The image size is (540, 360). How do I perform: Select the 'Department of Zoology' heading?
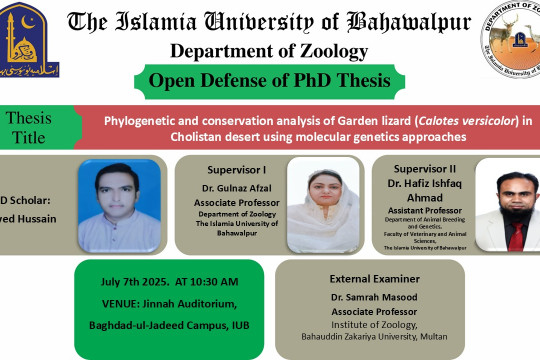[268, 51]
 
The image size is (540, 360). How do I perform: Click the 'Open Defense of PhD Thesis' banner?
[269, 81]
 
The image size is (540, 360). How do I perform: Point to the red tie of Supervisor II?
[514, 236]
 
